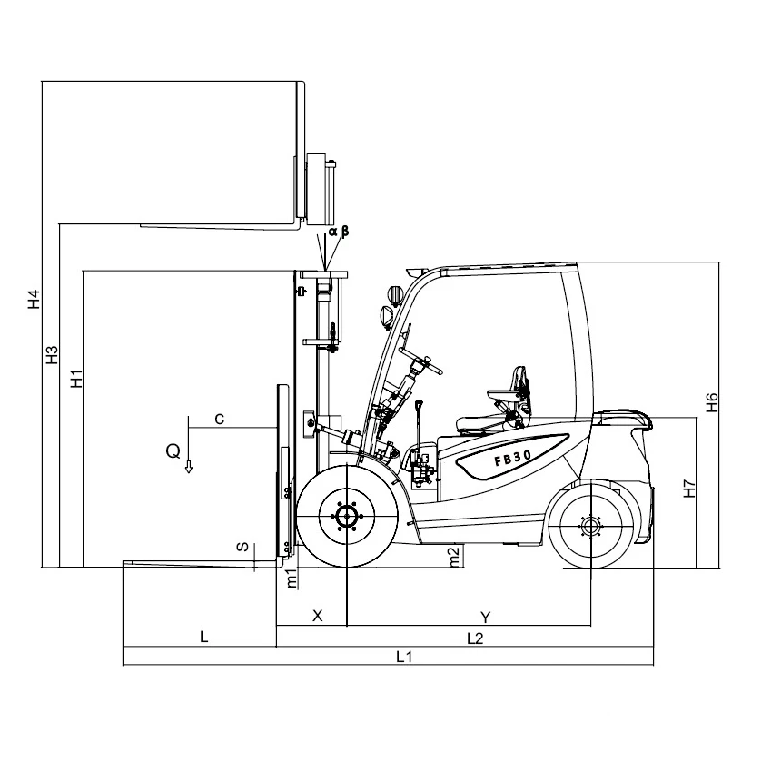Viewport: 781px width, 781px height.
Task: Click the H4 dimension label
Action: pyautogui.click(x=34, y=300)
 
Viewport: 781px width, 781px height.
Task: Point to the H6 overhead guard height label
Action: pyautogui.click(x=713, y=401)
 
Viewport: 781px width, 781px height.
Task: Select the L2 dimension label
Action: pyautogui.click(x=474, y=638)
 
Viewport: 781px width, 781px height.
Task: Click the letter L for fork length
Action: pyautogui.click(x=204, y=638)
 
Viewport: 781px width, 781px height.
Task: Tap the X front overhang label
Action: pyautogui.click(x=318, y=616)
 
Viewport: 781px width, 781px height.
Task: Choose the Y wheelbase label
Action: pyautogui.click(x=486, y=617)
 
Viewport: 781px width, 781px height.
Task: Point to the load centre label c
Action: pyautogui.click(x=220, y=419)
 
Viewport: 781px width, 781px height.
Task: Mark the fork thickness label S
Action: pyautogui.click(x=241, y=547)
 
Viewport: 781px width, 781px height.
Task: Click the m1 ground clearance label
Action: pyautogui.click(x=292, y=578)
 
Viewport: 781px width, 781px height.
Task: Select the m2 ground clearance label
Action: pyautogui.click(x=455, y=556)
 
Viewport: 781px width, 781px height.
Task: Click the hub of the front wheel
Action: pyautogui.click(x=347, y=518)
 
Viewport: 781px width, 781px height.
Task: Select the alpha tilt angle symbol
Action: pyautogui.click(x=332, y=232)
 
